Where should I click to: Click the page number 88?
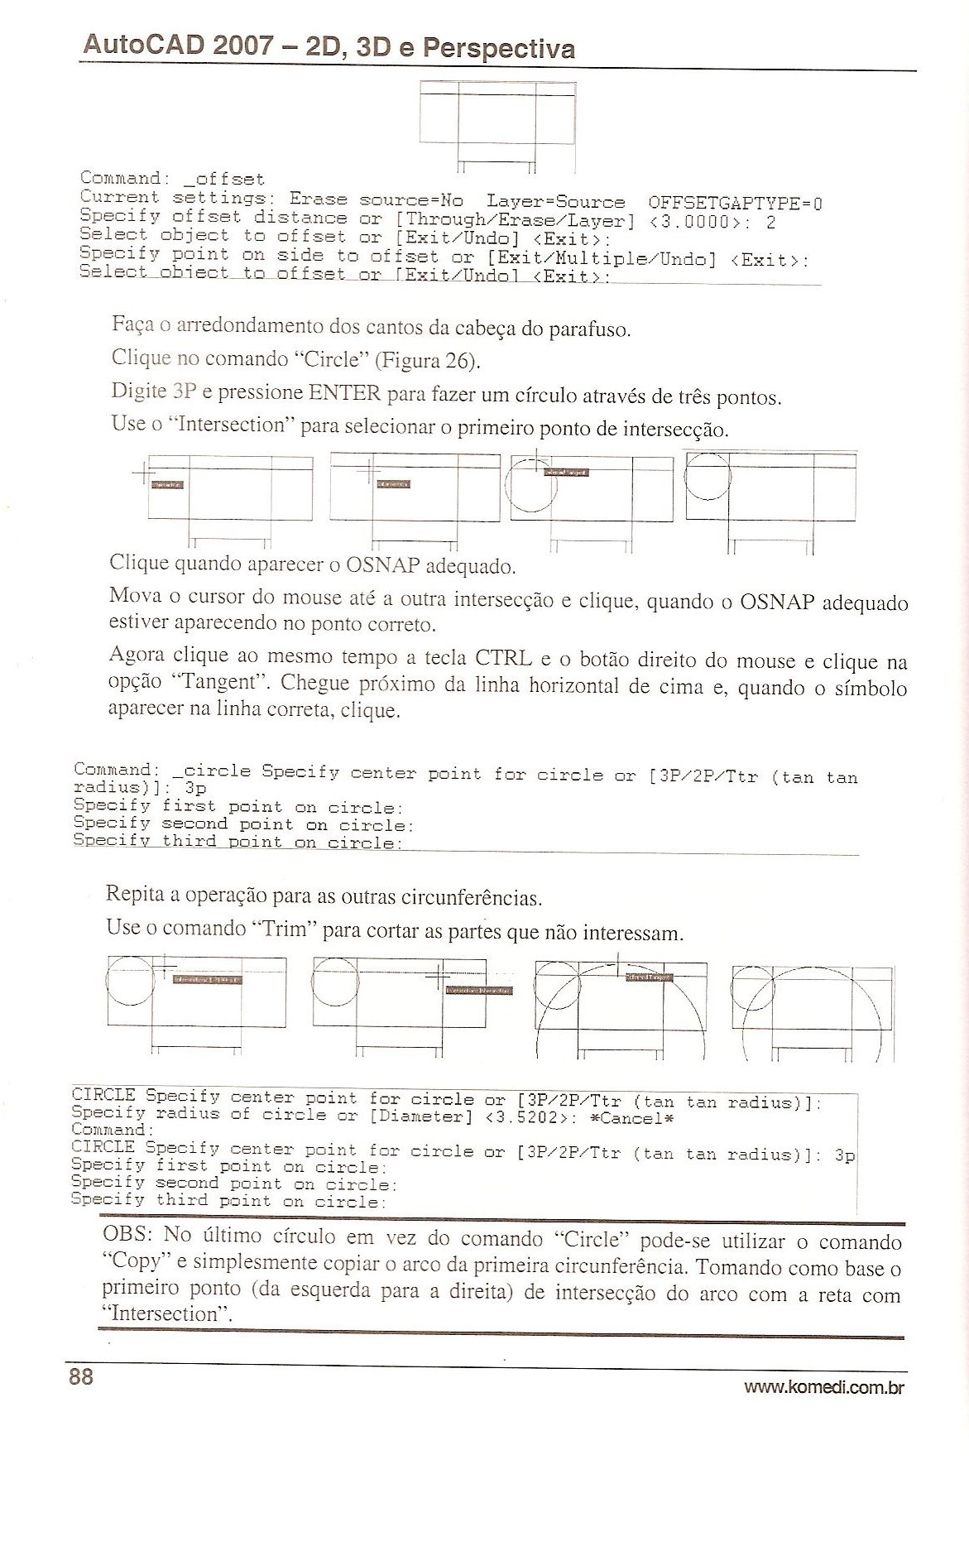click(x=81, y=1376)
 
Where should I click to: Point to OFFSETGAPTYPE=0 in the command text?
click(x=734, y=203)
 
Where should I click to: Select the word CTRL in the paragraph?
click(x=503, y=659)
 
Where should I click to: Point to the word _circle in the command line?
click(x=211, y=771)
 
